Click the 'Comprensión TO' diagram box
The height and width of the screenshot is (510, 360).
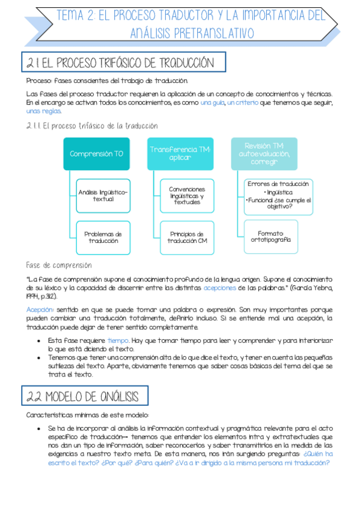tap(96, 153)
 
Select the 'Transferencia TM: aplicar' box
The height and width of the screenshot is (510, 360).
tap(180, 153)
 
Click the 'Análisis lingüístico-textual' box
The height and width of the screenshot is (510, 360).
tap(103, 195)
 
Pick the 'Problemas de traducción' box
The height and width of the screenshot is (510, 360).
tap(103, 237)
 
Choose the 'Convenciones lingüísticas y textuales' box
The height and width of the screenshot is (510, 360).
tap(186, 195)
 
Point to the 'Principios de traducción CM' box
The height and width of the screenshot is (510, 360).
tap(186, 237)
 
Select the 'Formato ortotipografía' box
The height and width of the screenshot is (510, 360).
tap(270, 236)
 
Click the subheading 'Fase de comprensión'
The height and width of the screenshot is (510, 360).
tap(59, 265)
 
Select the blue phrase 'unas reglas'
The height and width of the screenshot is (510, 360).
tap(44, 111)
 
